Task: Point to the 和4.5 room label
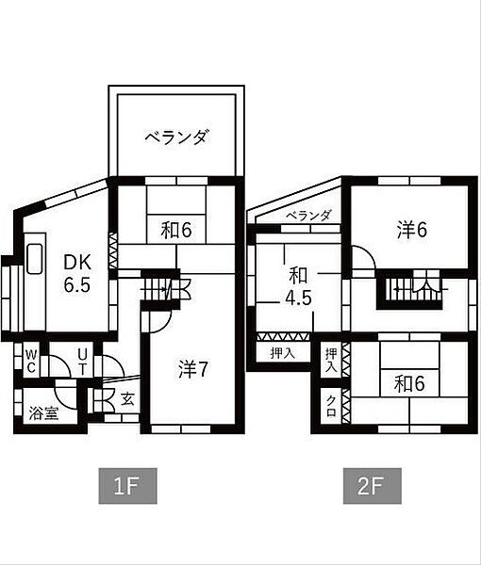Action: tap(299, 287)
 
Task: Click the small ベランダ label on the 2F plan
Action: tap(309, 216)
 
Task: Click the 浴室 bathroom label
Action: tap(42, 412)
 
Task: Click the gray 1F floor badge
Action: tap(126, 488)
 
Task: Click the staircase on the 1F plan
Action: tap(160, 286)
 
